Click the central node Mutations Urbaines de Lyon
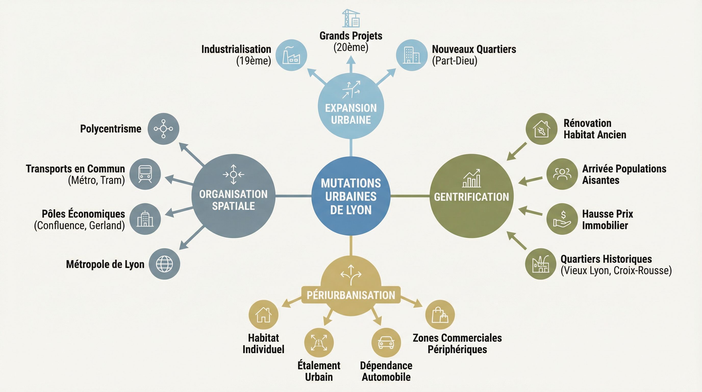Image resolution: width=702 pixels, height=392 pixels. pos(351,196)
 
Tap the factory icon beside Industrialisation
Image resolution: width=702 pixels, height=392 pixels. pos(291,55)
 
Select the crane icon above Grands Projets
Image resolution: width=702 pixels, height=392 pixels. pos(351,18)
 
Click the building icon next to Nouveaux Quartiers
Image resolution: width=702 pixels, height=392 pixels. pos(411,55)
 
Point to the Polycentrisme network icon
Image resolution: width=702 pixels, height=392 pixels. pos(163,129)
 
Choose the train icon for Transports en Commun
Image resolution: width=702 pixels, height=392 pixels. pos(145,174)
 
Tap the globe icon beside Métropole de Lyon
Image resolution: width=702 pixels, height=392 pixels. pos(164,264)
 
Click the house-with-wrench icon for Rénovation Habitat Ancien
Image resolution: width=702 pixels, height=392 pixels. pos(541,129)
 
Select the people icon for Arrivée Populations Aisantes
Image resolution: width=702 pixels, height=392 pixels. pos(562,174)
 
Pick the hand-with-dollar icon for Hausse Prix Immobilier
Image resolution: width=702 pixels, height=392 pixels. pos(562,219)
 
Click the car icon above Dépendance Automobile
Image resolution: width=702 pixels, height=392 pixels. pos(386,342)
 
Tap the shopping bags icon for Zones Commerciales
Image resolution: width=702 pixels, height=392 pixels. pos(440,315)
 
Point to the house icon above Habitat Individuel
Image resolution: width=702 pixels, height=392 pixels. pos(263,315)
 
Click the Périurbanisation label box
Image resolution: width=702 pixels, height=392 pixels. pos(351,295)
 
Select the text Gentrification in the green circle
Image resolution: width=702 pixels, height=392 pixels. pos(471,197)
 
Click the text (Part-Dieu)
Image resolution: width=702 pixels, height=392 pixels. pos(455,60)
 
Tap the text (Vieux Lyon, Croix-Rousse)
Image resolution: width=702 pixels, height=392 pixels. pos(616,271)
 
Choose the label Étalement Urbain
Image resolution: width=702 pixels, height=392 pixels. pos(319,371)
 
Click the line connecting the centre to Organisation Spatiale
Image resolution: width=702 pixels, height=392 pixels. pos(293,196)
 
